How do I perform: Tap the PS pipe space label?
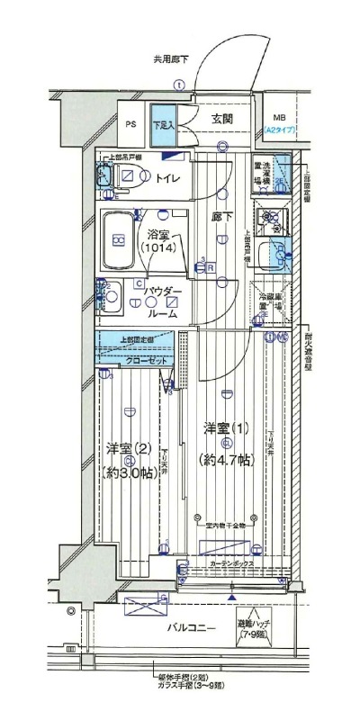click(x=130, y=125)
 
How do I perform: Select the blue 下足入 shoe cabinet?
click(x=163, y=125)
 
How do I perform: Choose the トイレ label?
click(x=168, y=178)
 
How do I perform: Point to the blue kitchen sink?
click(x=270, y=258)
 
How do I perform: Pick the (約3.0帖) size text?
click(x=131, y=473)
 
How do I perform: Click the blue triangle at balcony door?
click(x=232, y=597)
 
